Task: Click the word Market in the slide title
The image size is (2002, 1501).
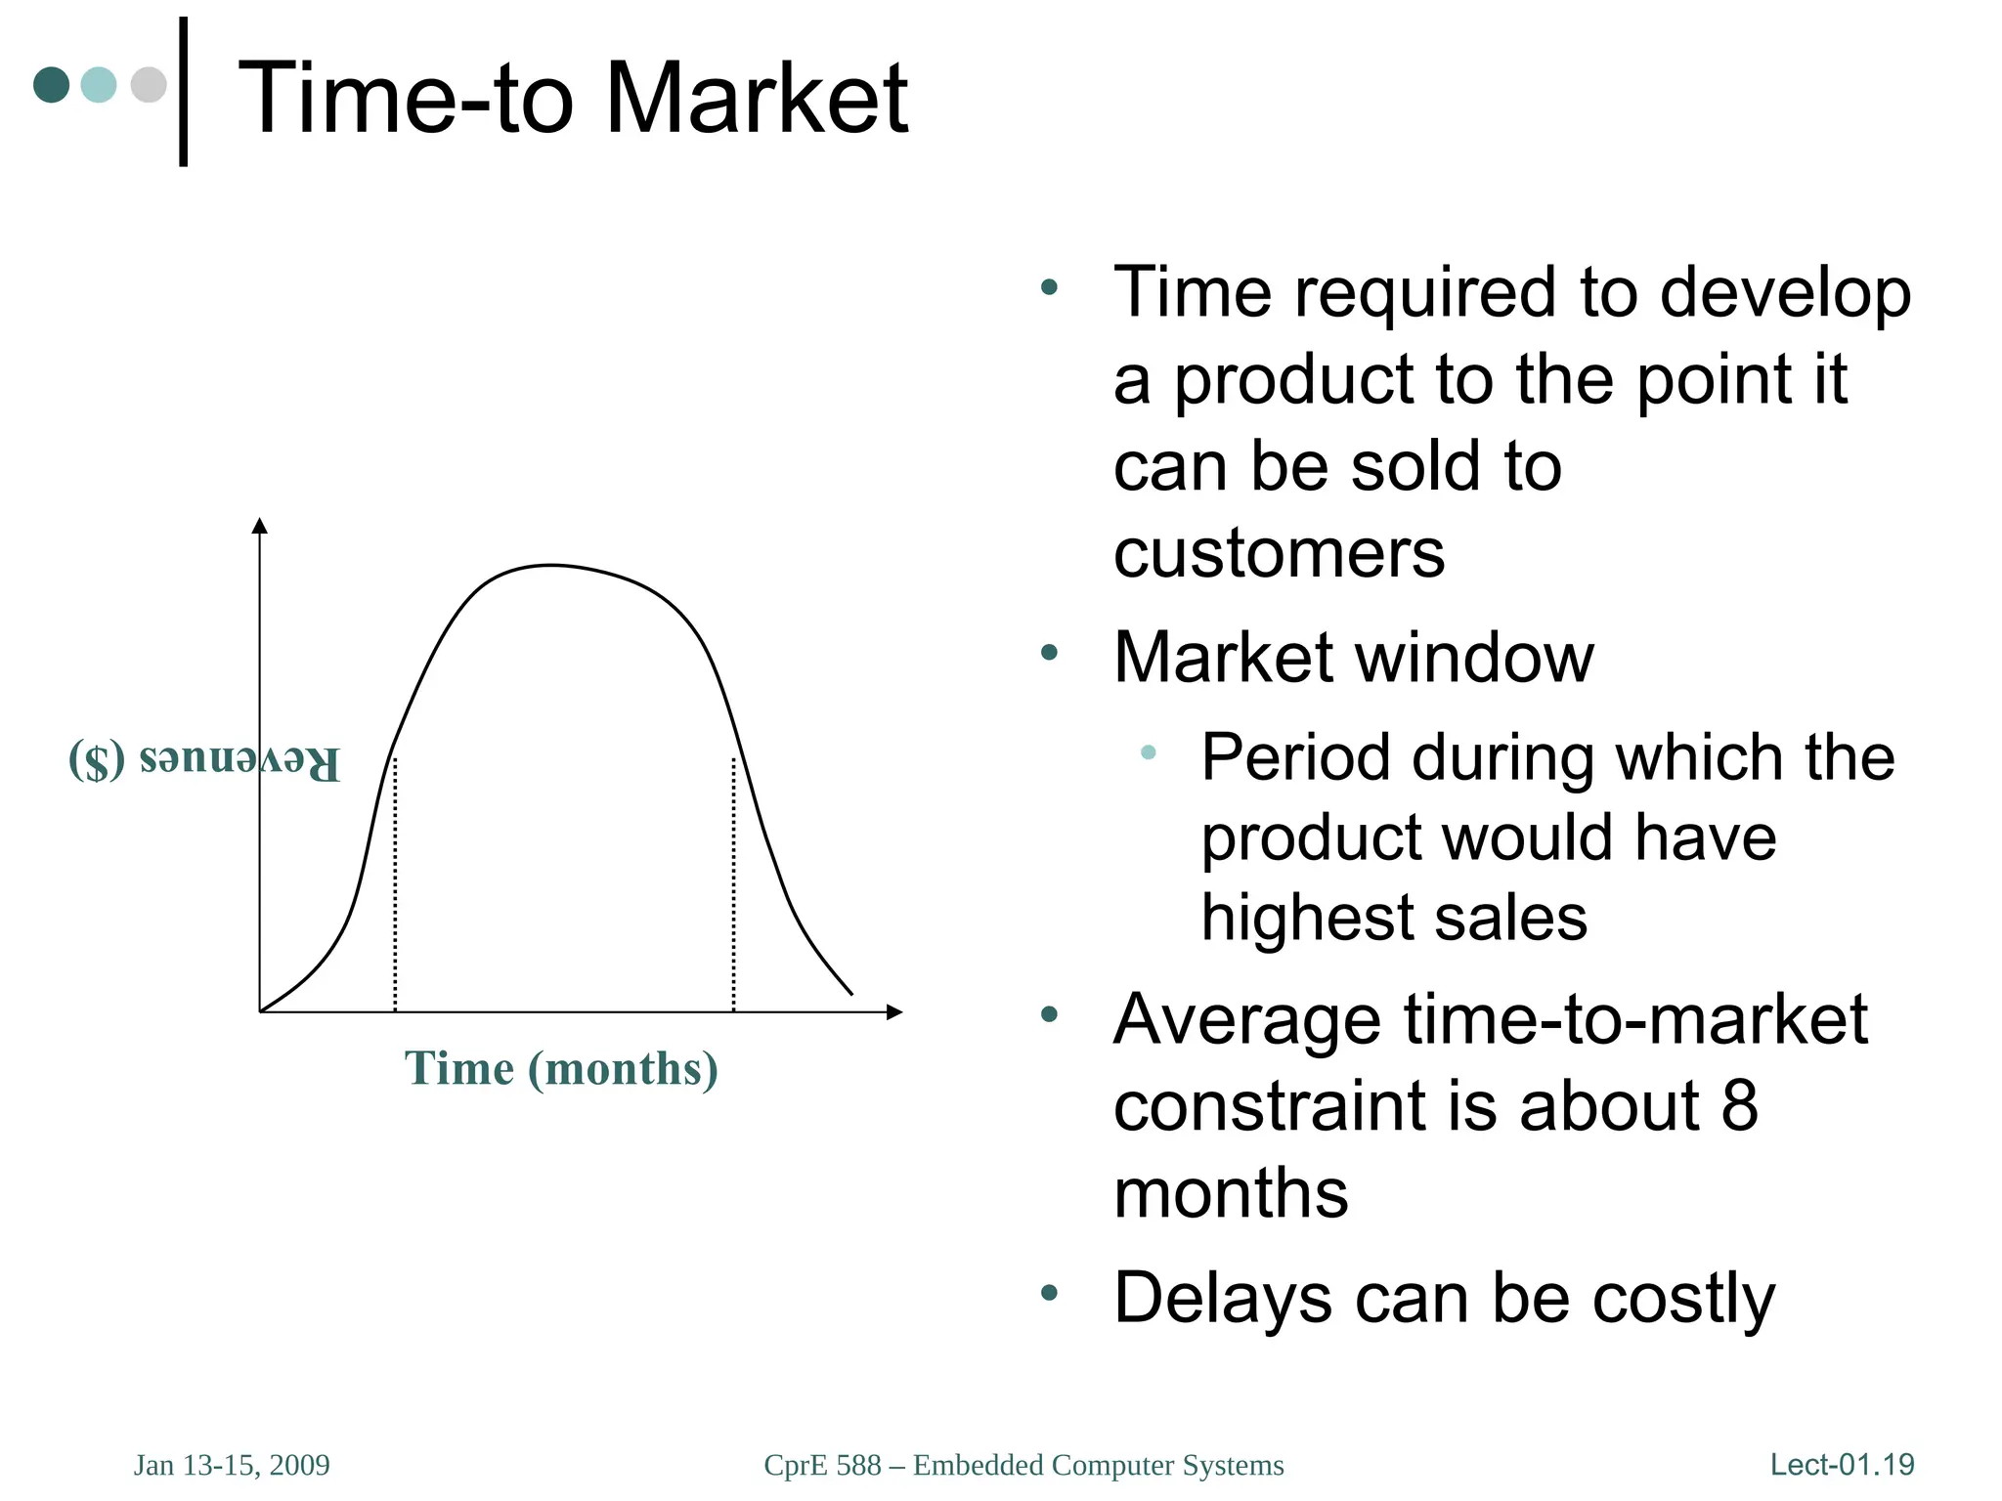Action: click(x=757, y=98)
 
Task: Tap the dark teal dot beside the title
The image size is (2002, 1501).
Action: click(x=52, y=84)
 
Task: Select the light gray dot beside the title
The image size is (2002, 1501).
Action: click(x=149, y=84)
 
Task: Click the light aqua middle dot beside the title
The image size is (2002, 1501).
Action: click(x=99, y=84)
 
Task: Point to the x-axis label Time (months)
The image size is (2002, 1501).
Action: click(x=561, y=1068)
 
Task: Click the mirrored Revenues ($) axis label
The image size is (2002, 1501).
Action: click(x=204, y=761)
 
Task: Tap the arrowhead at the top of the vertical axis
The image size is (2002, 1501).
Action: click(x=259, y=526)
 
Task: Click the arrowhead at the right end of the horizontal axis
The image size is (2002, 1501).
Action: click(x=893, y=1012)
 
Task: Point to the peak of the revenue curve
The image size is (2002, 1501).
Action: click(x=552, y=566)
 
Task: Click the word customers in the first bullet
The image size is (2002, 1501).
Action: click(x=1278, y=553)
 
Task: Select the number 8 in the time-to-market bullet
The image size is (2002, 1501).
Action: click(x=1739, y=1106)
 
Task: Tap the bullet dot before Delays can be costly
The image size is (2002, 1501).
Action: click(x=1050, y=1293)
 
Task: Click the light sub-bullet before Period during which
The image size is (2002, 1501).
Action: click(x=1149, y=751)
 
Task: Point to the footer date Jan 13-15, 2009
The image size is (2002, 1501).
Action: click(x=232, y=1465)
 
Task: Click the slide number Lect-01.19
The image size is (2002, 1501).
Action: click(x=1842, y=1465)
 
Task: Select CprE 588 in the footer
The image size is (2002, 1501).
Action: click(x=822, y=1465)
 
